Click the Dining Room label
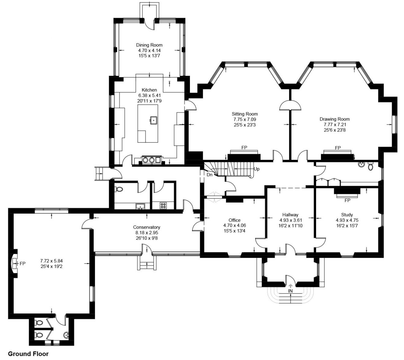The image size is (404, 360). (x=149, y=45)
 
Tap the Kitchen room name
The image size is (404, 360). (x=149, y=90)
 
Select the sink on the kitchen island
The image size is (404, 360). (x=153, y=120)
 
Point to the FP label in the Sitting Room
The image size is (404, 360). (x=244, y=148)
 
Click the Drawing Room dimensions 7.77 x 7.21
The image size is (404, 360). (x=334, y=124)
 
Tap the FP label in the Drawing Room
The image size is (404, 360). (x=338, y=148)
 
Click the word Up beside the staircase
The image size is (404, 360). (x=256, y=169)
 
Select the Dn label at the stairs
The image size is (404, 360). (x=210, y=175)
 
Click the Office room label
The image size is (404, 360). (x=234, y=220)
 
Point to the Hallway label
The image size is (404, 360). (x=290, y=215)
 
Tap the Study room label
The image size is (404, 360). (x=347, y=215)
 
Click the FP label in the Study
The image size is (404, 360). (x=347, y=201)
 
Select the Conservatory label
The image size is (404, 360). (x=146, y=227)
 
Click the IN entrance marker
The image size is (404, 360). (x=290, y=291)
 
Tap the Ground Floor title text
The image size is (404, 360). (x=28, y=354)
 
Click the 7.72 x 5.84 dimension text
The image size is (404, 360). (x=51, y=261)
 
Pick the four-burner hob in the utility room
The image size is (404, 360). (x=163, y=205)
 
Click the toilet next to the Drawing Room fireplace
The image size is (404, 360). (x=370, y=167)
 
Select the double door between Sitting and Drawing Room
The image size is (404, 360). (x=290, y=106)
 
